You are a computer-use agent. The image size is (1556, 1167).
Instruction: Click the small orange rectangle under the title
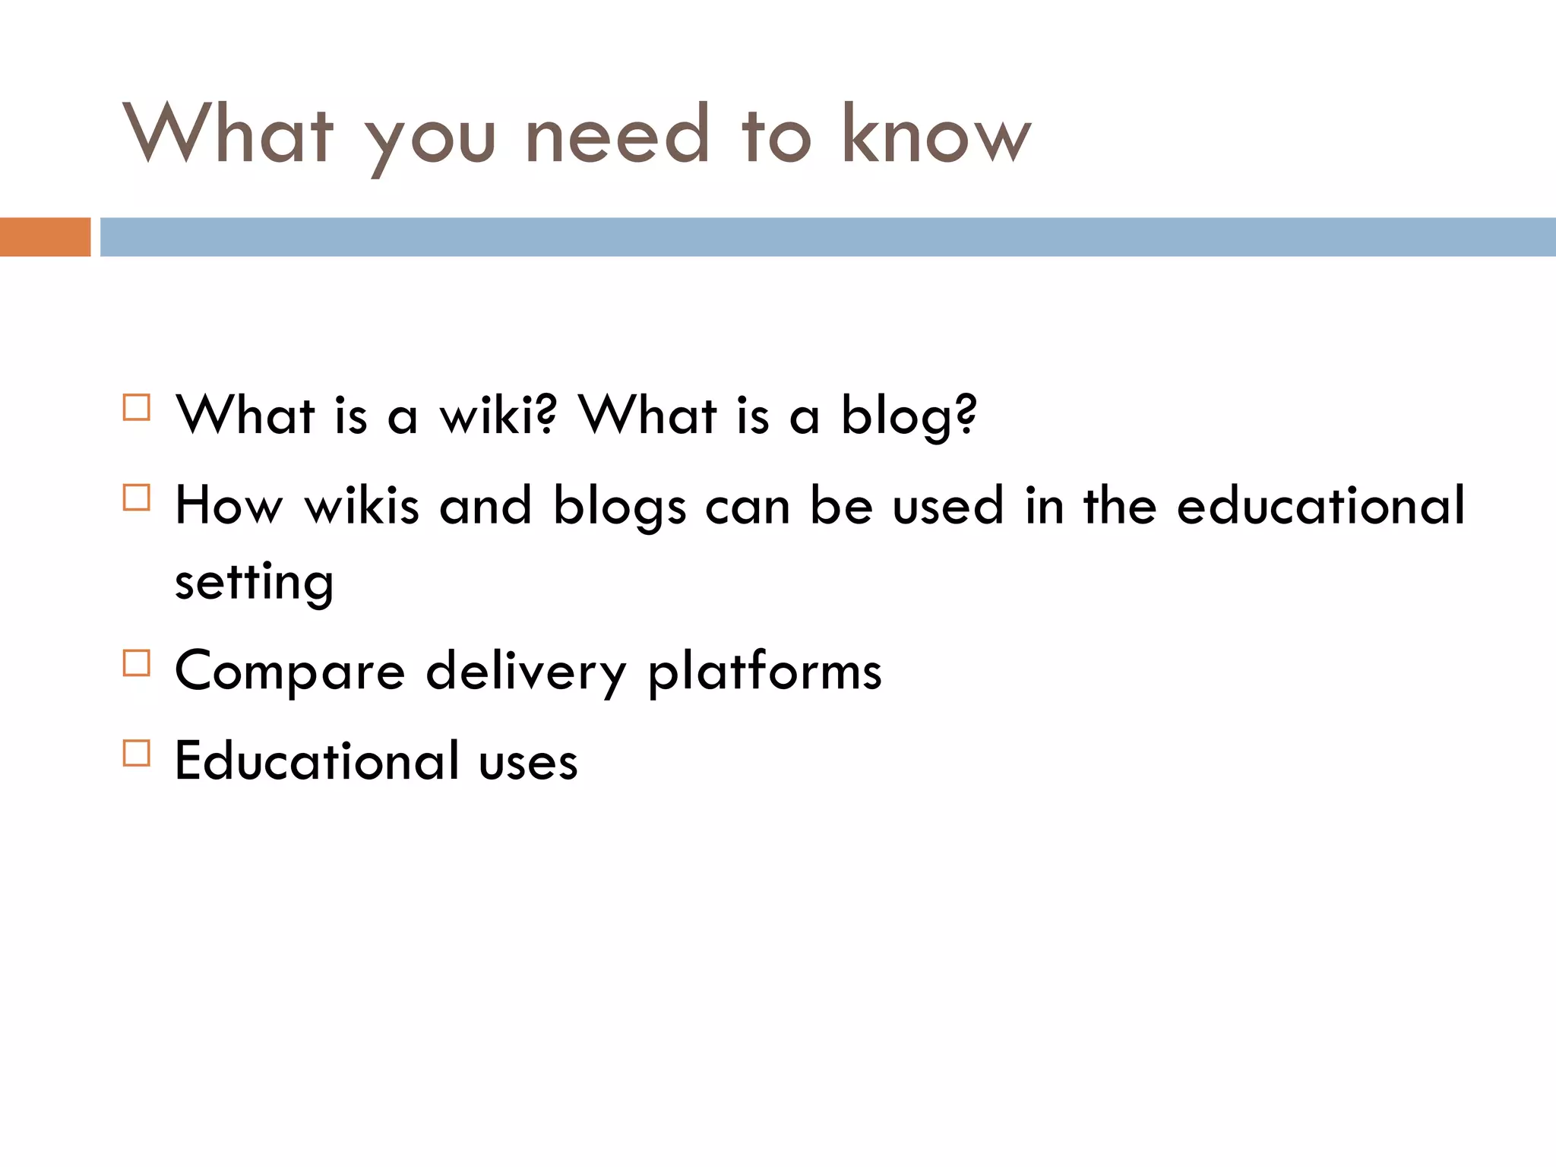click(45, 237)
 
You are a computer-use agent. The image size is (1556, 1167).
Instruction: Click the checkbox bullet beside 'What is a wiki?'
click(137, 408)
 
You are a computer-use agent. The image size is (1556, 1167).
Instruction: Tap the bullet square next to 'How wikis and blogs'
click(137, 498)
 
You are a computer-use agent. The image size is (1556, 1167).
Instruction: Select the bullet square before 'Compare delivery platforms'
click(137, 663)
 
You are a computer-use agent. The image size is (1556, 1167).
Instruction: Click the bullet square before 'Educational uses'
click(137, 754)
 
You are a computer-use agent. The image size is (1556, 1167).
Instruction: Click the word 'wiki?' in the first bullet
click(498, 416)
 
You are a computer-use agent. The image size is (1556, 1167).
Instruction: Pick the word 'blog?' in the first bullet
click(909, 416)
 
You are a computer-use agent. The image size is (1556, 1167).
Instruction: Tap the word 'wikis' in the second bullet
click(362, 506)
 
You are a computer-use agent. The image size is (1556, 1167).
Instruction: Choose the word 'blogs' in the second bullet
click(619, 506)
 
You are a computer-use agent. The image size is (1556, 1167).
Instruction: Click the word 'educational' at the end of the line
click(1320, 506)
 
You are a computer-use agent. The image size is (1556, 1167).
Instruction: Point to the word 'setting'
click(254, 582)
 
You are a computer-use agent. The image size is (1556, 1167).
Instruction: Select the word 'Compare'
click(290, 672)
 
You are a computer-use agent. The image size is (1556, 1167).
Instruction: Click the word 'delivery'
click(526, 672)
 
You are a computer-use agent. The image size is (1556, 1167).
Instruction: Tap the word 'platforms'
click(764, 672)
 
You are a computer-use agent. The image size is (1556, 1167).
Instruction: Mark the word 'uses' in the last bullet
click(528, 762)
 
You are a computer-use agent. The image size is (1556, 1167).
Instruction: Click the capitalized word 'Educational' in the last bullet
click(318, 761)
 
